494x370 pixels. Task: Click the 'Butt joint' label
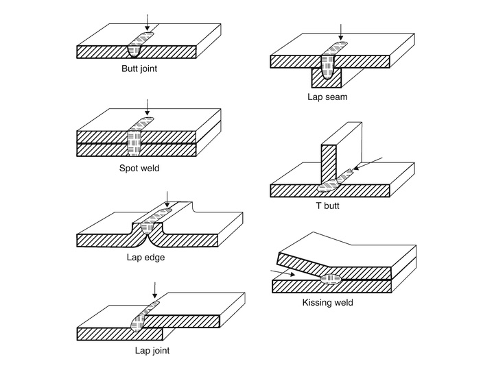pos(141,69)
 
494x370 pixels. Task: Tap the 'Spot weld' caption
pos(141,166)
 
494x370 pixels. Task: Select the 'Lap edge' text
pos(145,258)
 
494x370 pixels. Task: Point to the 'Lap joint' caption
pos(152,351)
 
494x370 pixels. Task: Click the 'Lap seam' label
pos(327,97)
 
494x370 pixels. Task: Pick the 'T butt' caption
pos(326,205)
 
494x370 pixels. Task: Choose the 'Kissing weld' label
pos(327,302)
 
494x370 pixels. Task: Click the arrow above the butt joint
pos(145,23)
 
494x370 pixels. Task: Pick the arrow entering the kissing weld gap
pos(283,273)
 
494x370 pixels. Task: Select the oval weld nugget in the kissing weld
pos(331,279)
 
